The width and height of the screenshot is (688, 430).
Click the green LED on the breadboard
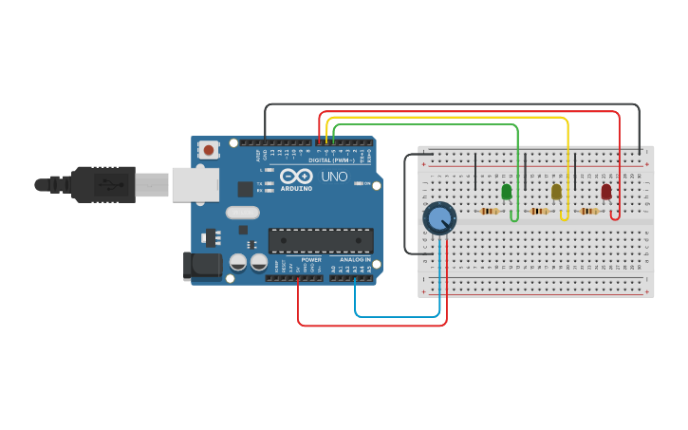[507, 192]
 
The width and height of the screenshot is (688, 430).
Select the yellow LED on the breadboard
[556, 192]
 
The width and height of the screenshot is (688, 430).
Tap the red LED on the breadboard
[606, 192]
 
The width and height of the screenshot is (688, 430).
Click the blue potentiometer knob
[438, 219]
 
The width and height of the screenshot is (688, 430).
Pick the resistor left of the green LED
[490, 211]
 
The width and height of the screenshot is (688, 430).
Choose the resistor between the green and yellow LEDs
[539, 211]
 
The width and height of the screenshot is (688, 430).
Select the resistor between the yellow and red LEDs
[589, 211]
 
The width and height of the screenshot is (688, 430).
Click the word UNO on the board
[334, 177]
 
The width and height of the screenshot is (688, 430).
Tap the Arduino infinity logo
[295, 176]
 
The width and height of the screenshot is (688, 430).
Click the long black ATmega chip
[320, 241]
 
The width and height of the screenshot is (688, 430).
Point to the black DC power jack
[202, 265]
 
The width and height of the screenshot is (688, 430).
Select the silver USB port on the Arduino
[195, 184]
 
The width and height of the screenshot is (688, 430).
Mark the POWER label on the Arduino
[311, 259]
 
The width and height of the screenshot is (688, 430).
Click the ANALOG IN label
[356, 259]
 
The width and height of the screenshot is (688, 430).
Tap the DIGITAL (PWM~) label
[331, 159]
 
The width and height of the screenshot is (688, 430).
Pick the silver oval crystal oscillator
[242, 214]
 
